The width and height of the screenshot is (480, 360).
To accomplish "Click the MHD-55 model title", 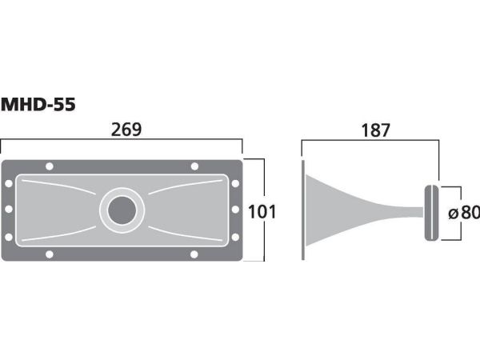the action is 38,105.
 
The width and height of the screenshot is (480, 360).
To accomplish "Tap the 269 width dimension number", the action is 126,130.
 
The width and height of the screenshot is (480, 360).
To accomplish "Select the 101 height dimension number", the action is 262,212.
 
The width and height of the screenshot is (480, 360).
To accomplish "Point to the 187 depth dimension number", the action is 376,130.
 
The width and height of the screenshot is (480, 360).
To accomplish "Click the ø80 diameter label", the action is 464,212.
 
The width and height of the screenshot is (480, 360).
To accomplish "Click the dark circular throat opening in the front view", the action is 122,210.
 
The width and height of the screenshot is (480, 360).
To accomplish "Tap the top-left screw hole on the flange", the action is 50,166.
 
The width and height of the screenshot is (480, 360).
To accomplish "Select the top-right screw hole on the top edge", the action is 194,166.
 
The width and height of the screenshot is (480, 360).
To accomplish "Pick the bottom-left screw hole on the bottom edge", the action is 50,254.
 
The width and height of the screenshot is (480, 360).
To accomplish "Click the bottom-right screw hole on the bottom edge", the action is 194,254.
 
